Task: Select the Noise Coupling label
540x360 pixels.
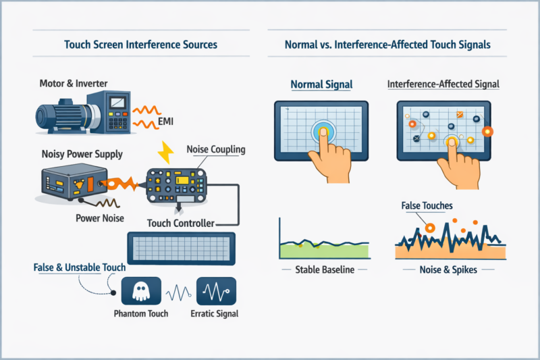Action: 214,149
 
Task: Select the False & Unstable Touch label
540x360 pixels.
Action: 78,267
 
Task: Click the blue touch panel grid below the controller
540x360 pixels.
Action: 180,248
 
